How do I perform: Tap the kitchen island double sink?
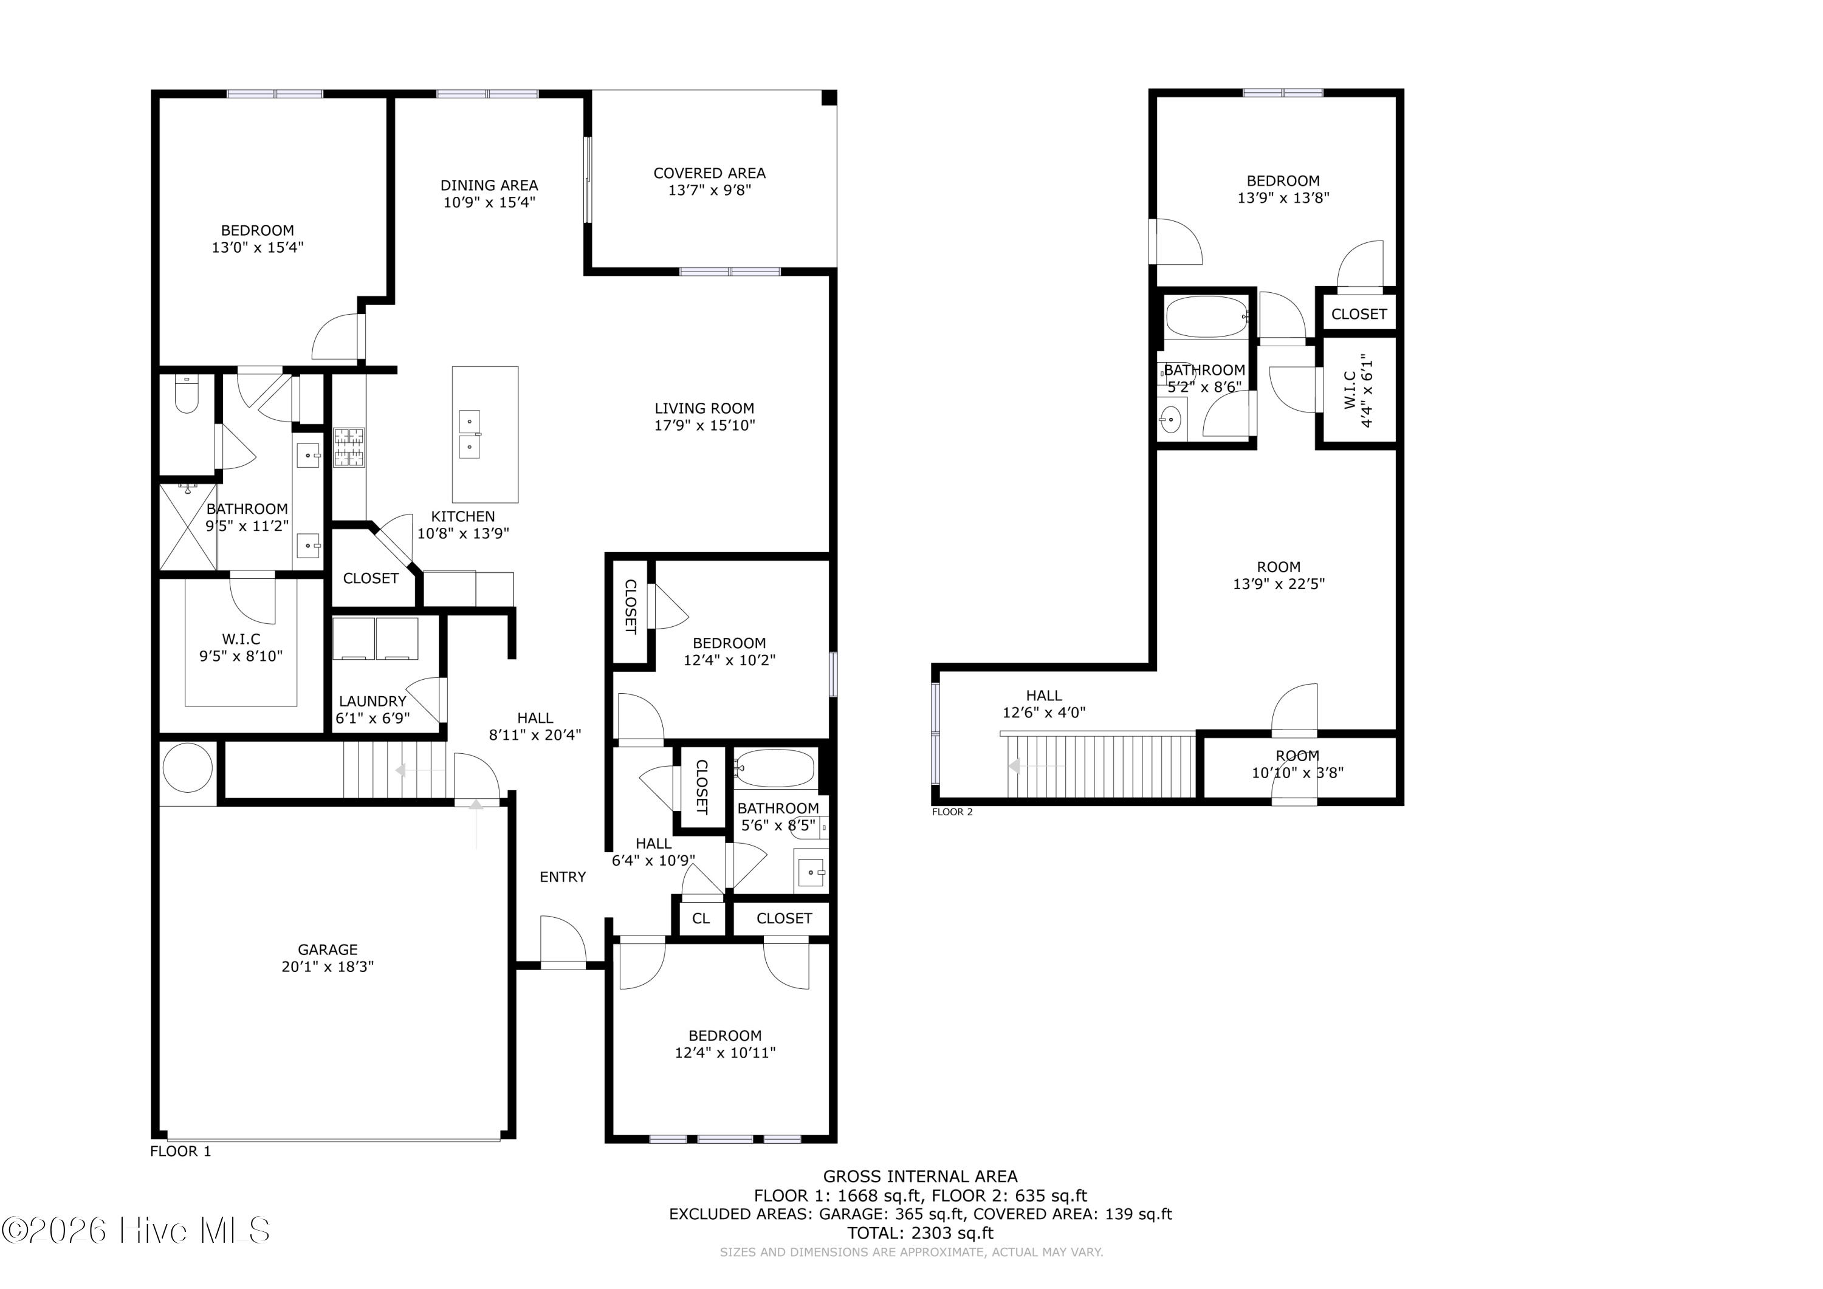tap(470, 435)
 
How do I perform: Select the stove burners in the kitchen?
tap(349, 447)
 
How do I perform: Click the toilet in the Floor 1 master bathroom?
tap(187, 394)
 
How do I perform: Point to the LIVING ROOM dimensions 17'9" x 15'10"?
tap(704, 425)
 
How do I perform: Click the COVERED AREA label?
tap(709, 173)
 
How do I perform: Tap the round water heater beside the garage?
tap(188, 768)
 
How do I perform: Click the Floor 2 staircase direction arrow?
tap(1035, 766)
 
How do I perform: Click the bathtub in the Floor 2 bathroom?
tap(1207, 316)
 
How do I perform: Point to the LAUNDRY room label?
tap(372, 701)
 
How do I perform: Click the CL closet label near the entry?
tap(700, 918)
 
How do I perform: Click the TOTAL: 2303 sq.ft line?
tap(920, 1233)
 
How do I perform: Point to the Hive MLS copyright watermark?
tap(136, 1230)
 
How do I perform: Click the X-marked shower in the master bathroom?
tap(188, 527)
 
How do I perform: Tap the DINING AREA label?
tap(489, 185)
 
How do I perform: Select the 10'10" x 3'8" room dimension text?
tap(1297, 772)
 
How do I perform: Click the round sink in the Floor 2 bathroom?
tap(1170, 420)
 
